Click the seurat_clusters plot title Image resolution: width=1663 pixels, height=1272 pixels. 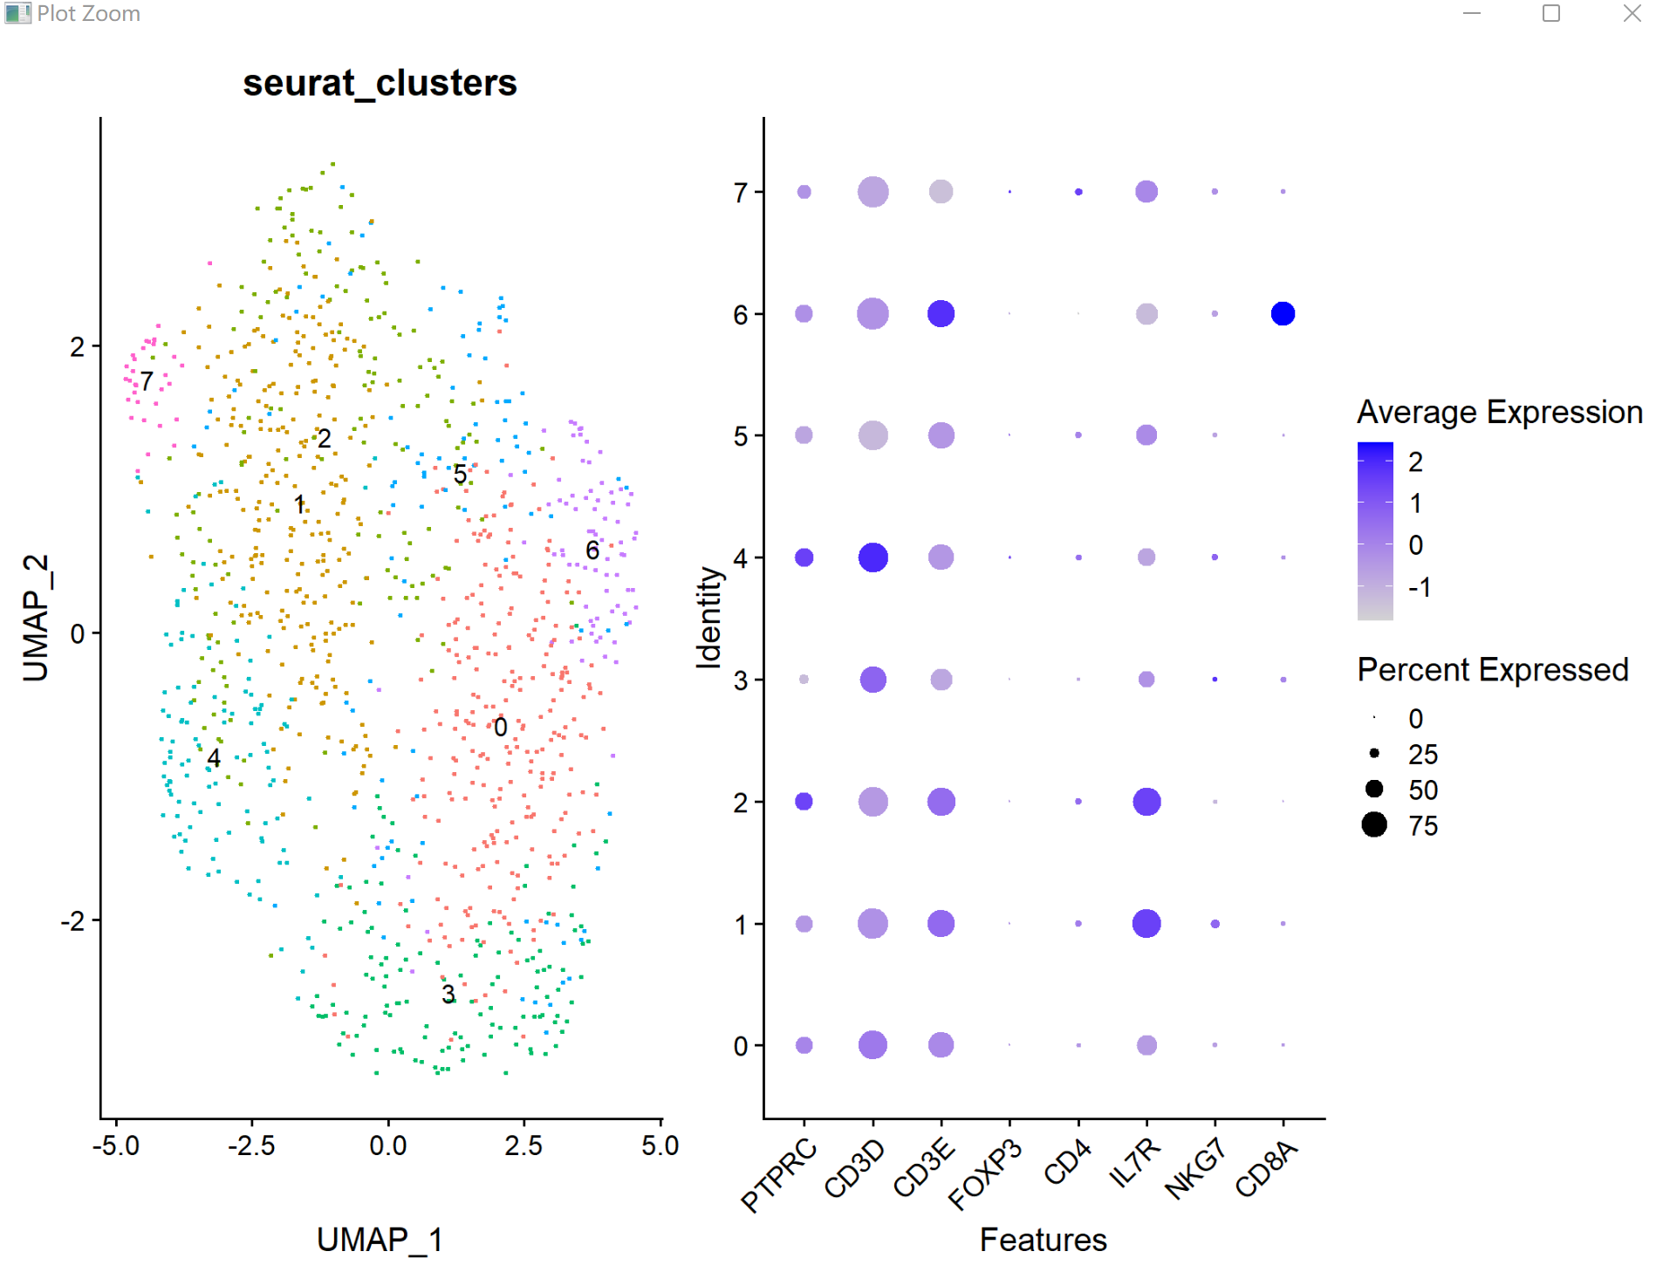pyautogui.click(x=380, y=84)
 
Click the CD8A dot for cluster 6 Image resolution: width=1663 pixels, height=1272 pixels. pyautogui.click(x=1283, y=313)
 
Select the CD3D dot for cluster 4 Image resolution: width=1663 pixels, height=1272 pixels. pyautogui.click(x=873, y=557)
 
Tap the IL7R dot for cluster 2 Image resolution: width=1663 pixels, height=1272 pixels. pyautogui.click(x=1146, y=801)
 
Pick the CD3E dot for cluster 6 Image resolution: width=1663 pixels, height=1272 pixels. pyautogui.click(x=941, y=313)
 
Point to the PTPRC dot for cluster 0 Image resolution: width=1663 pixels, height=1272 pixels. pyautogui.click(x=804, y=1045)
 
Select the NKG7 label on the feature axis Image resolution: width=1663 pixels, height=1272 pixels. pyautogui.click(x=1196, y=1169)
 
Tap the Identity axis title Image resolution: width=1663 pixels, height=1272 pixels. pyautogui.click(x=708, y=618)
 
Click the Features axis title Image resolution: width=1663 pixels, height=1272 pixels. pyautogui.click(x=1043, y=1240)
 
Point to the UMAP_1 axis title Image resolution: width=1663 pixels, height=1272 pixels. pyautogui.click(x=380, y=1240)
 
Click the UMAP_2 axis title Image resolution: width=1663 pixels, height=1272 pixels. pyautogui.click(x=36, y=618)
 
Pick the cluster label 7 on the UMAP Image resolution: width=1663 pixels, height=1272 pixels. pyautogui.click(x=147, y=381)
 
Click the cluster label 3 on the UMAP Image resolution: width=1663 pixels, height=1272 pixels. pyautogui.click(x=448, y=994)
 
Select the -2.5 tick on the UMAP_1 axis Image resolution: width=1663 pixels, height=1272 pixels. pyautogui.click(x=251, y=1145)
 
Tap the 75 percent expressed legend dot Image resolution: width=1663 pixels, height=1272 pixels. pyautogui.click(x=1374, y=824)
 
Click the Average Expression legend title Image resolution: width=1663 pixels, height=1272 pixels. pyautogui.click(x=1499, y=412)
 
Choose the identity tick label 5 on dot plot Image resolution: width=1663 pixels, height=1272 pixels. pyautogui.click(x=741, y=436)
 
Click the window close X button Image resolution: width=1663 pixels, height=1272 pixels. pyautogui.click(x=1632, y=13)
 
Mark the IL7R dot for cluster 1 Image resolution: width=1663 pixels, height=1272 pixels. pyautogui.click(x=1146, y=923)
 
